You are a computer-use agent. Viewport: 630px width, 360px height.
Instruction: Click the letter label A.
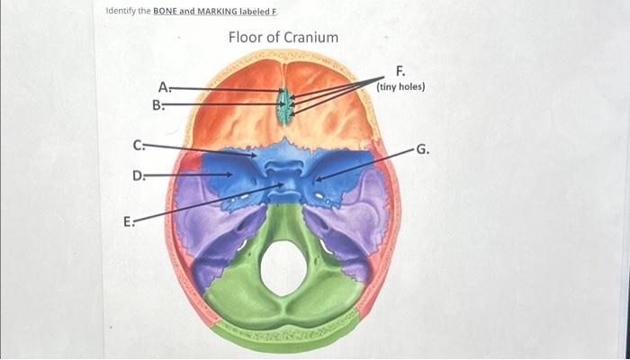[163, 87]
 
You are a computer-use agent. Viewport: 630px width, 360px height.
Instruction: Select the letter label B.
[157, 104]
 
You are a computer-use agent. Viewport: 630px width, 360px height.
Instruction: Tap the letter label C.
[137, 144]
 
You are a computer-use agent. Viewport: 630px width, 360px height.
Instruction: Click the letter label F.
[400, 70]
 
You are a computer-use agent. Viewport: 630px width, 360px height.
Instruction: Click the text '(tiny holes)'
[401, 86]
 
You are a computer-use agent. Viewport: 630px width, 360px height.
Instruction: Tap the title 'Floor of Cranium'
[283, 37]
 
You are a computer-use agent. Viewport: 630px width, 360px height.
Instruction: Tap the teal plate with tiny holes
[285, 105]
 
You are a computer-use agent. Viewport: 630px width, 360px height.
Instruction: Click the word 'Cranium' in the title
[311, 37]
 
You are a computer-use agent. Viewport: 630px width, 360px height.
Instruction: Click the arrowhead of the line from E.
[283, 187]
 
